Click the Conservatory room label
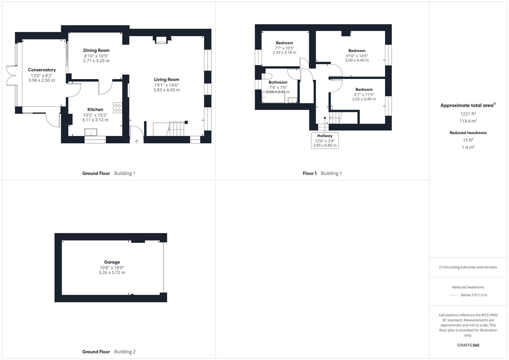click(42, 70)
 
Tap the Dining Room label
click(96, 50)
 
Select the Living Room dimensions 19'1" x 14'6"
click(167, 85)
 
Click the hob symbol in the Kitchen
click(118, 108)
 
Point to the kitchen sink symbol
click(91, 132)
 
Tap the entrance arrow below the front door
click(137, 142)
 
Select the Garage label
click(112, 262)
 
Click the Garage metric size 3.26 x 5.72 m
click(112, 273)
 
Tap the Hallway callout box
click(325, 140)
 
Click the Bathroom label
click(278, 82)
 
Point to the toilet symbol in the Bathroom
click(268, 76)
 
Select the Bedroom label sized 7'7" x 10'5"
click(284, 43)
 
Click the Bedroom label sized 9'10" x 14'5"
click(357, 51)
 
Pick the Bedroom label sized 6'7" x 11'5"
click(364, 90)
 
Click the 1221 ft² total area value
click(468, 114)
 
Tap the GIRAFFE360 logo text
click(468, 345)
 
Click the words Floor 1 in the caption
click(310, 173)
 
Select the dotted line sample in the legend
click(454, 295)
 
